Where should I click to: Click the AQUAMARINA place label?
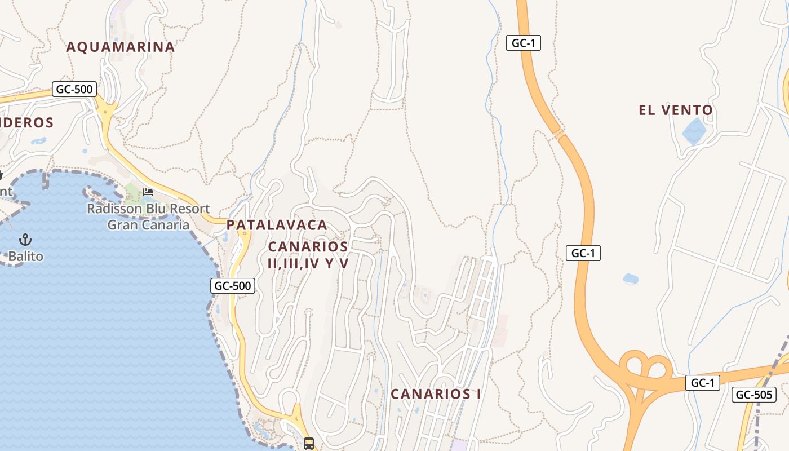(121, 47)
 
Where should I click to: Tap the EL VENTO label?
(676, 110)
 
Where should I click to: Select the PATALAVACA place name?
(277, 225)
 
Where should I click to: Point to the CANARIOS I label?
(436, 394)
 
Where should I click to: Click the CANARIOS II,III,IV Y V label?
(308, 255)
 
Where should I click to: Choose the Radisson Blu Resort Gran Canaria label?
(148, 216)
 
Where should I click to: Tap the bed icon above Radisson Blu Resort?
(148, 192)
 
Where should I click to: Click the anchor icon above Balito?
(25, 240)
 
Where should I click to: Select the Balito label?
(25, 257)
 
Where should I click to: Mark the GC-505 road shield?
(753, 395)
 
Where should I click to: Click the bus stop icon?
(309, 443)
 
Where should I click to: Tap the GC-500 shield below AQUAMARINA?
(74, 89)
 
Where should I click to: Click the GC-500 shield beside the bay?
(233, 286)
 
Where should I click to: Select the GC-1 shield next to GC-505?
(703, 383)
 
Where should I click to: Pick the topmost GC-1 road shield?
(523, 43)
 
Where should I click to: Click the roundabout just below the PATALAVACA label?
(245, 233)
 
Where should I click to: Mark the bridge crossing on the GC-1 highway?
(558, 135)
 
